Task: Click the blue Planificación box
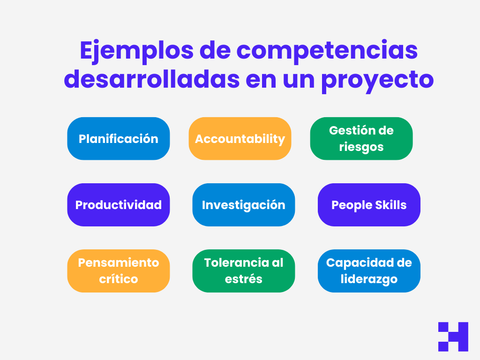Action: (x=119, y=139)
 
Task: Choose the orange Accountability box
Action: (x=240, y=139)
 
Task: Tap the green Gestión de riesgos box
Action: (x=361, y=139)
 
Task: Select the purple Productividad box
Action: (x=119, y=205)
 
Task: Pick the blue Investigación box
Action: (x=244, y=205)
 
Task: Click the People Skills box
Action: (x=369, y=205)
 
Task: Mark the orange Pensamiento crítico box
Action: (x=119, y=271)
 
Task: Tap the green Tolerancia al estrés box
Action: (x=244, y=271)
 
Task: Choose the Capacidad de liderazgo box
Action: (x=369, y=271)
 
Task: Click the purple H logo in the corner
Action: (x=453, y=337)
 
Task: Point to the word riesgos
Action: (x=361, y=147)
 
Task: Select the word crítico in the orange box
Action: (x=119, y=279)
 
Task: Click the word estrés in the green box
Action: (x=244, y=279)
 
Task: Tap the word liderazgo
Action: (x=369, y=279)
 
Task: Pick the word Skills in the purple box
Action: (x=388, y=205)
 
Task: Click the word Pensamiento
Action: (x=119, y=262)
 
